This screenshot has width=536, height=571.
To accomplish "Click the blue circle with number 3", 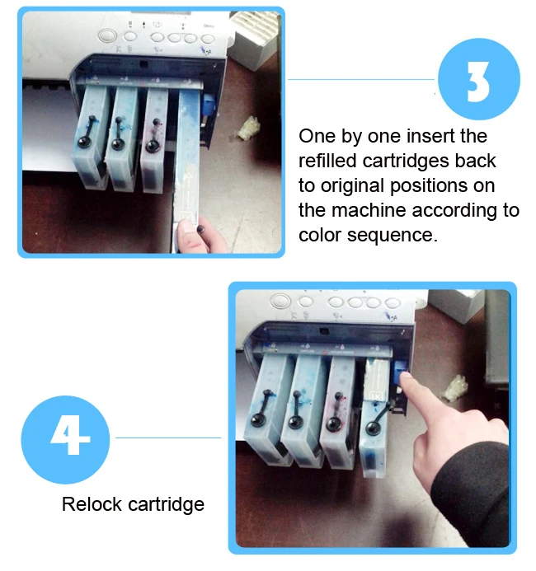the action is click(479, 79).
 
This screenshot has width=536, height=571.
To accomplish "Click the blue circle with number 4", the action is click(66, 439).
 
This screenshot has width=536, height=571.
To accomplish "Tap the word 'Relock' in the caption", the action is click(92, 504).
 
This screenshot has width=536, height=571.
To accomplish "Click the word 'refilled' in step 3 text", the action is click(327, 161).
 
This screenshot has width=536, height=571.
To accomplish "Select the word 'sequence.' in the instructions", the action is click(392, 235).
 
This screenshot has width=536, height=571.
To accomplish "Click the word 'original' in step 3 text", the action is click(352, 186).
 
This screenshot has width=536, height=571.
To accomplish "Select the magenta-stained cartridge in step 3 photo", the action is click(154, 140).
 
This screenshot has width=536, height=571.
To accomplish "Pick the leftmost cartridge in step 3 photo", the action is click(91, 138).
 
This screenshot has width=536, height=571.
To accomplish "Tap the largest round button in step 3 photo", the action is click(107, 36).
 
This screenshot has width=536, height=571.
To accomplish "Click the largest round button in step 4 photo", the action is click(280, 302).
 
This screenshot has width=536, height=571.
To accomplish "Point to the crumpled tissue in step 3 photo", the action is click(249, 128).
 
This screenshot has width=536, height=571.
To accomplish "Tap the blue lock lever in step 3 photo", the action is click(208, 105).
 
